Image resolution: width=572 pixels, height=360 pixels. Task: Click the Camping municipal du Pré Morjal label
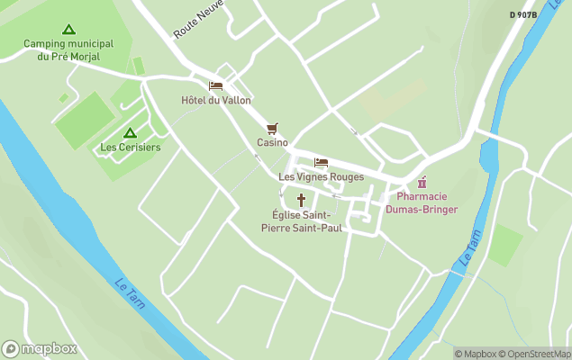68,49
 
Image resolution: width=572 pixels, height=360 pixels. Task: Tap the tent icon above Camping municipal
68,30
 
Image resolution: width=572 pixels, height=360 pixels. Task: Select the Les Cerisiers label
130,148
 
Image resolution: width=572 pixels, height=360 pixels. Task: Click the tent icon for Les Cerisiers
130,133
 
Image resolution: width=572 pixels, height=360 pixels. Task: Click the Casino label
272,142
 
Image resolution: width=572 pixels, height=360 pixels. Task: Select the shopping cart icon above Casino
272,129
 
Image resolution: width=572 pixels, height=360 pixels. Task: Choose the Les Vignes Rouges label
321,176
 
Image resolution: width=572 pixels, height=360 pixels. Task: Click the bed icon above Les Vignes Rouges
321,162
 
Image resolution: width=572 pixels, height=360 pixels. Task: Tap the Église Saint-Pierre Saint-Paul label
301,221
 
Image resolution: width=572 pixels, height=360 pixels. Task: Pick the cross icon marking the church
301,200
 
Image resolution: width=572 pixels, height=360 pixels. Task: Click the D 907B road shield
522,14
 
